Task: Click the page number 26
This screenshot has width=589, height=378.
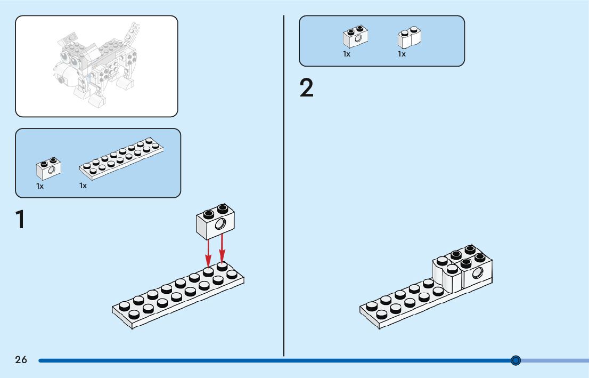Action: [21, 360]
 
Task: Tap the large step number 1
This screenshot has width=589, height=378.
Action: [20, 220]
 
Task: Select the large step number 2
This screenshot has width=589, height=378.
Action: [307, 89]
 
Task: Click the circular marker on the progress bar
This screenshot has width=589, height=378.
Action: [516, 360]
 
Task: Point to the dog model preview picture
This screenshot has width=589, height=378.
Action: [96, 66]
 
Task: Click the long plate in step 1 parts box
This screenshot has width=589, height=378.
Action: [121, 158]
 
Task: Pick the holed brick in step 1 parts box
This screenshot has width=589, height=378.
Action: [48, 168]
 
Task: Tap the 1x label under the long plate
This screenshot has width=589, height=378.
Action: [83, 186]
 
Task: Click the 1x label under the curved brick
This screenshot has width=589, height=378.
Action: [402, 54]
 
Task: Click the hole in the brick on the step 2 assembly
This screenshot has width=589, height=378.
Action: [478, 273]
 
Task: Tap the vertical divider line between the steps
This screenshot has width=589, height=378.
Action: [284, 187]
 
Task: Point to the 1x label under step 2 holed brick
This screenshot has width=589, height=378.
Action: [347, 54]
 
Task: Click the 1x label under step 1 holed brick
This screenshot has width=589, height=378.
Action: [40, 186]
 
